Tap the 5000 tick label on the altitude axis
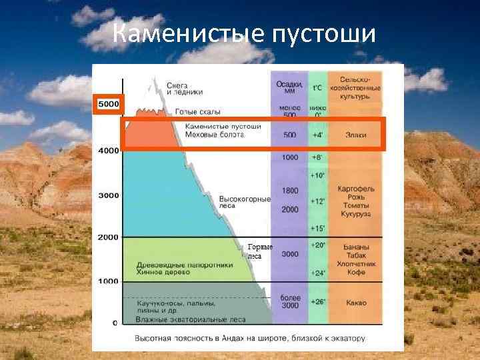point(107,104)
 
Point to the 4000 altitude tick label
point(107,151)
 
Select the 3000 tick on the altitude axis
point(107,195)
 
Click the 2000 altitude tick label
point(107,237)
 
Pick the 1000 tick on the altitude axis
point(107,281)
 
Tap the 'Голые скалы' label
point(198,111)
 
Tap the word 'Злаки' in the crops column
point(355,135)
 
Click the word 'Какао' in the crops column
point(355,302)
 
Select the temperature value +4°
point(318,135)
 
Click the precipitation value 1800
point(290,191)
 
